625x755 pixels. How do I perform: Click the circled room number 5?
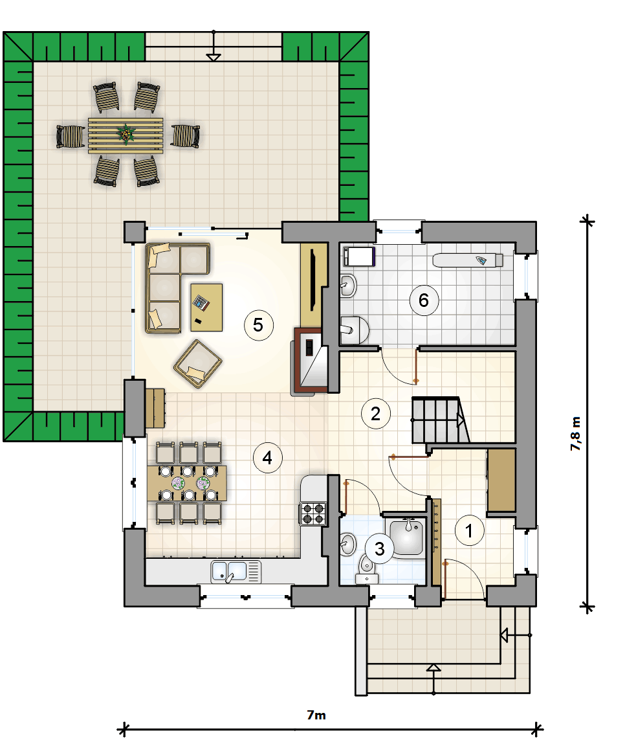click(x=259, y=325)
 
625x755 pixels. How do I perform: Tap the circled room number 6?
click(x=424, y=300)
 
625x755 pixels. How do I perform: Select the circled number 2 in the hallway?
click(x=376, y=414)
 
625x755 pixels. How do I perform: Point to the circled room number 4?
click(x=267, y=457)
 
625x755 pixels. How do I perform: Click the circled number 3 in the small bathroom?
click(x=380, y=548)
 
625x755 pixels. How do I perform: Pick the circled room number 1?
click(x=470, y=530)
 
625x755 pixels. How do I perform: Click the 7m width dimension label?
click(x=316, y=715)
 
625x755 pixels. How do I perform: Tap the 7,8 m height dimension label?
click(x=575, y=434)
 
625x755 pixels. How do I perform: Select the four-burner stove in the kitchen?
click(x=313, y=513)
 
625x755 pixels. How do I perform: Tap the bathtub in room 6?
click(x=468, y=260)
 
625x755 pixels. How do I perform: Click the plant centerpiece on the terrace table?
click(x=126, y=134)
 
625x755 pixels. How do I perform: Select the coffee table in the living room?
click(x=206, y=307)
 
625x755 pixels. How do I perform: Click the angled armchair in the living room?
click(x=198, y=363)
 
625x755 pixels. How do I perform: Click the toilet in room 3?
click(x=367, y=568)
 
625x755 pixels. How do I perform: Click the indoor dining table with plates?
click(x=187, y=483)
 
